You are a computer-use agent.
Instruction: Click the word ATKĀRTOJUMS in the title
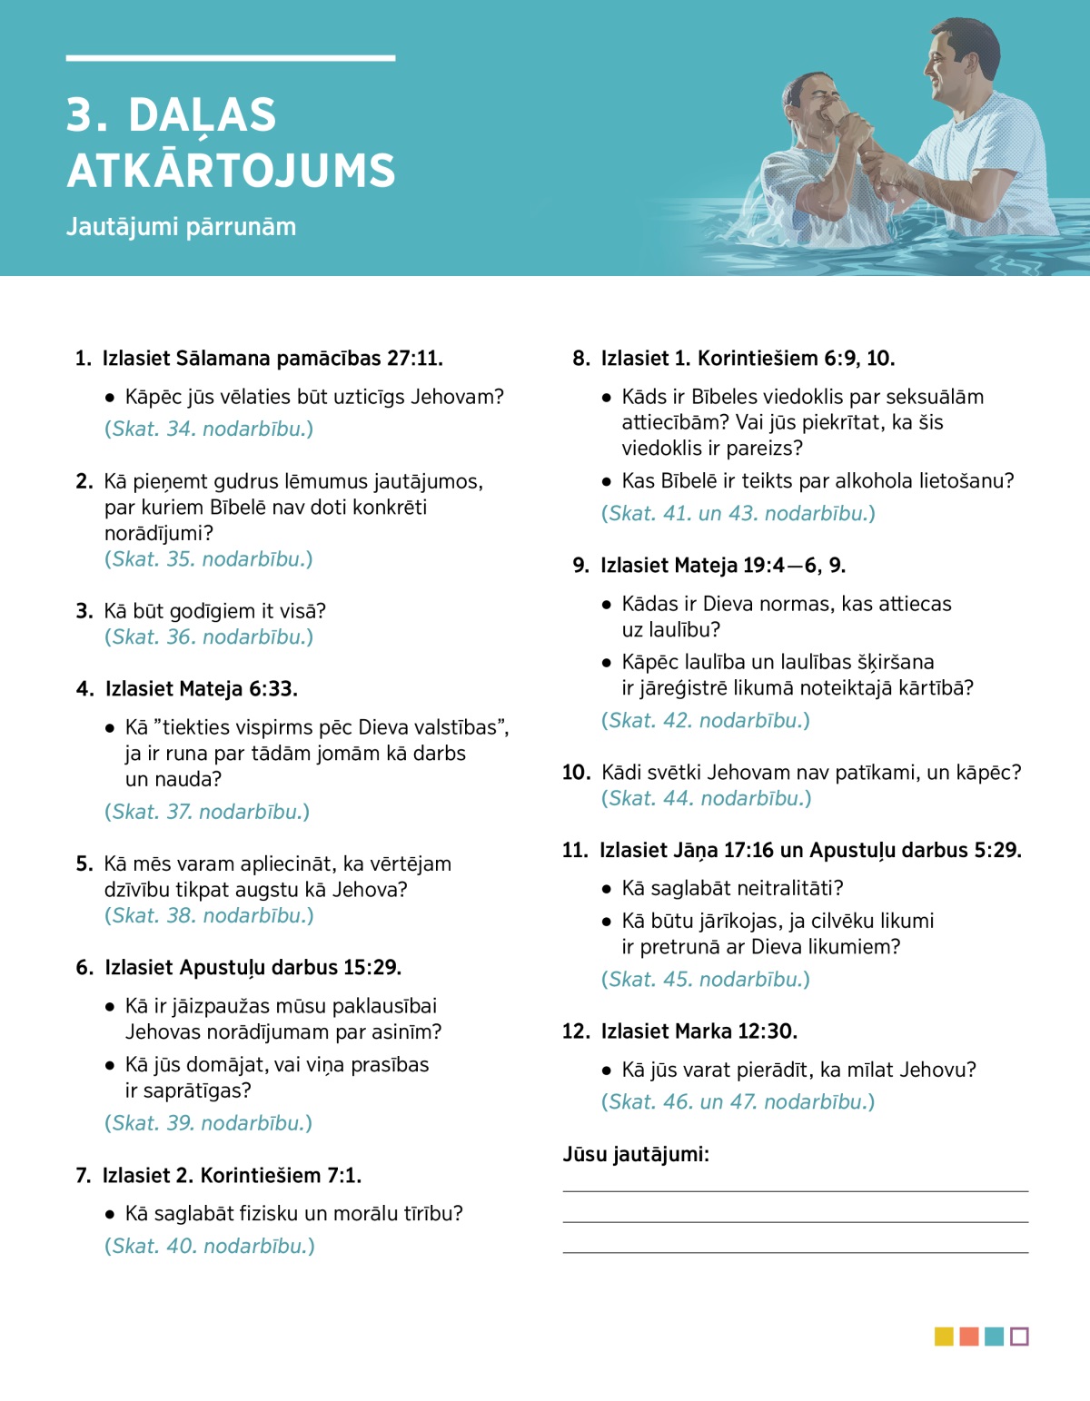(231, 171)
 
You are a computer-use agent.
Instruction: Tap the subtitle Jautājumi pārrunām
(181, 227)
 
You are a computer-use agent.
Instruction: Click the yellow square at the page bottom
(944, 1337)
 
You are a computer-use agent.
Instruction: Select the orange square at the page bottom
(969, 1337)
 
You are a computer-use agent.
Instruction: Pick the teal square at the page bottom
(995, 1337)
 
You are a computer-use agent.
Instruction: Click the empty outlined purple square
(1019, 1337)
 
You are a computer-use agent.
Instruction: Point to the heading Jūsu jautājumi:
(636, 1154)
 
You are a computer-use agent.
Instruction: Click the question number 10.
(576, 773)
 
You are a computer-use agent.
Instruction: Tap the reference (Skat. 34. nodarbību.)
(209, 429)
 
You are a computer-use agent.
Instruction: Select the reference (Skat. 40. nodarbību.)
(210, 1246)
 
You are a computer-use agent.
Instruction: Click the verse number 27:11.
(414, 359)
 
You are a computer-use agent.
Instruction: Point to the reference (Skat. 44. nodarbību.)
(706, 798)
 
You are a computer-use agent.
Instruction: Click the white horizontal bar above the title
(231, 58)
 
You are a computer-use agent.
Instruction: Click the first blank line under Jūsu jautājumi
(795, 1190)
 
